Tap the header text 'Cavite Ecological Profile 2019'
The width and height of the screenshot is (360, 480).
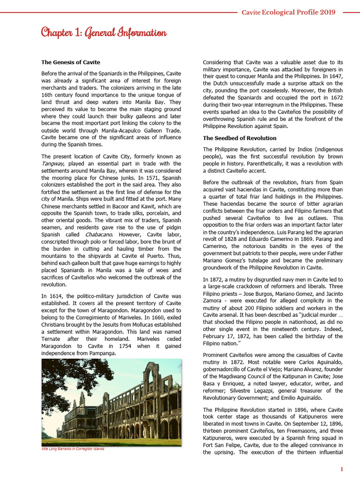[288, 12]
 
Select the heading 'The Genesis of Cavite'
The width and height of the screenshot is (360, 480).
[70, 62]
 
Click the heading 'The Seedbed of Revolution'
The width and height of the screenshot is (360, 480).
[240, 138]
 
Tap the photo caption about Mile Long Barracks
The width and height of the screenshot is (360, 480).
[73, 449]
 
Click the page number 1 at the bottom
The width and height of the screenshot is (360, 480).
[342, 469]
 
